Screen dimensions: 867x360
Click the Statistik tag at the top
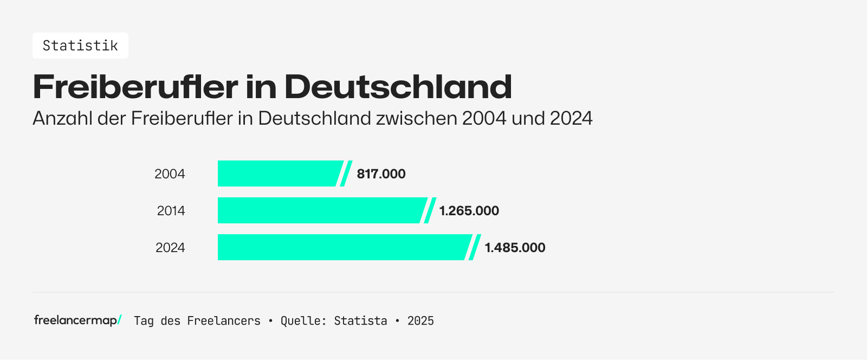(x=80, y=46)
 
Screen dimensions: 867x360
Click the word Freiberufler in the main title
(x=135, y=87)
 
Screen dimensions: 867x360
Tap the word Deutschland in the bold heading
(x=398, y=87)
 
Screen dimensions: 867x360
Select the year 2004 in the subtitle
(x=484, y=118)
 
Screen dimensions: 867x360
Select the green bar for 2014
(x=320, y=210)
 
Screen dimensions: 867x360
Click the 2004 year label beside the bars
(x=170, y=174)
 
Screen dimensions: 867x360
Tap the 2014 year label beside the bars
(x=171, y=211)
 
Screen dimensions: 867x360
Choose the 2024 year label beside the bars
(x=170, y=248)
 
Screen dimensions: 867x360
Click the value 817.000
(x=381, y=174)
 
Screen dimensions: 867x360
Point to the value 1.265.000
(x=469, y=211)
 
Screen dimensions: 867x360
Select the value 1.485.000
(x=515, y=248)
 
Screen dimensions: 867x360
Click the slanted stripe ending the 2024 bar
(x=475, y=247)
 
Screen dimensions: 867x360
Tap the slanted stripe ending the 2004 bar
(x=346, y=173)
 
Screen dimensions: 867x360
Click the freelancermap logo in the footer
(x=77, y=320)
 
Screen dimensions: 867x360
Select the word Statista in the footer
(x=360, y=321)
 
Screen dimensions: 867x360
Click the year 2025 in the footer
(x=420, y=321)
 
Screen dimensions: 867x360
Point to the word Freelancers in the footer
(x=223, y=321)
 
